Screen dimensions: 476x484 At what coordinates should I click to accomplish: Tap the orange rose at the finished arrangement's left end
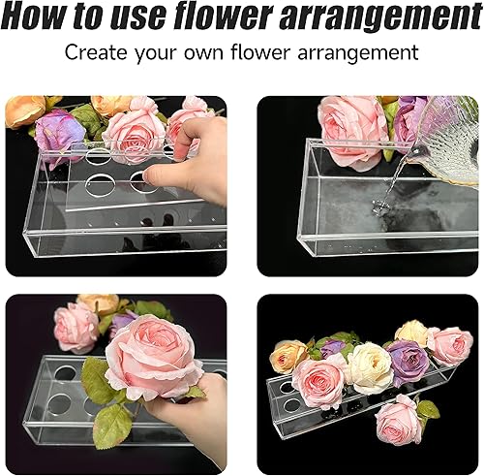coord(287,357)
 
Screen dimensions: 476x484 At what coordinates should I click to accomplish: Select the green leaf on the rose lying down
coord(427,408)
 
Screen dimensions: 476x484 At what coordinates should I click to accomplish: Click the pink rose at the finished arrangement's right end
coord(450,345)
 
